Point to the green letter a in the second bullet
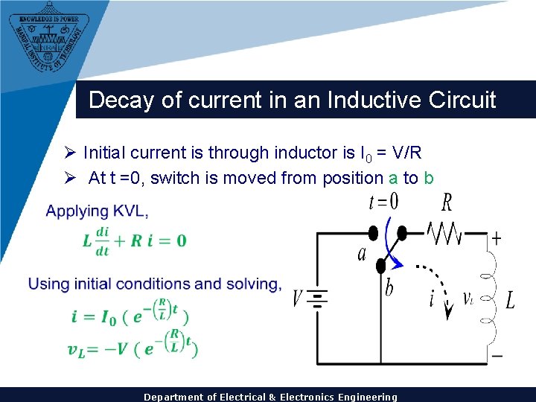(x=393, y=178)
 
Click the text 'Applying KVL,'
(x=97, y=211)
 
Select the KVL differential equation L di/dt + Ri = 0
(x=134, y=240)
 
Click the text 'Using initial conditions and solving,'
(x=155, y=284)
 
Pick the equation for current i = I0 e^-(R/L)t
(x=130, y=315)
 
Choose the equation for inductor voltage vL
(x=132, y=348)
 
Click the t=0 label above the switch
(x=384, y=202)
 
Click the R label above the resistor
(x=447, y=202)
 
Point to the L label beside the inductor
(x=510, y=301)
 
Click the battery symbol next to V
(x=318, y=299)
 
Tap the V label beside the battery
(x=298, y=299)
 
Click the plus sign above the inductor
(x=496, y=239)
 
